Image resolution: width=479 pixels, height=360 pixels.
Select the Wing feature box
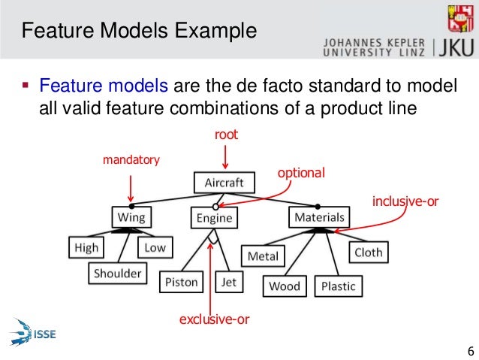click(x=130, y=217)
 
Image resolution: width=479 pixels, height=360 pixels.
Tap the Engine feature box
click(x=215, y=218)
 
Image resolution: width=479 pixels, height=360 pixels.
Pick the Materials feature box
click(x=318, y=217)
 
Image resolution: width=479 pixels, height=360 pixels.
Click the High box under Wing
click(x=86, y=247)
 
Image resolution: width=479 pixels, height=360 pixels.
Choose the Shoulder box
click(x=118, y=274)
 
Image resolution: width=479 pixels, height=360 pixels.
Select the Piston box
click(x=181, y=283)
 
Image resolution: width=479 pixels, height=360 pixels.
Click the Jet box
click(x=227, y=283)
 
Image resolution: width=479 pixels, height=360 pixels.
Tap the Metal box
click(x=263, y=256)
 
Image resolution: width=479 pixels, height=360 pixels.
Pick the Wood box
click(x=285, y=286)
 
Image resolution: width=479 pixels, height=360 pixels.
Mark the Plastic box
click(x=338, y=286)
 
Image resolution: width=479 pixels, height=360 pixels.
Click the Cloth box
click(x=369, y=253)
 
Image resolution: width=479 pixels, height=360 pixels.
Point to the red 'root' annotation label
click(x=226, y=135)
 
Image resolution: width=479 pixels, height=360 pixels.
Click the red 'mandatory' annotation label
click(x=131, y=160)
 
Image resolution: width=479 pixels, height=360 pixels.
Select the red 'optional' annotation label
click(x=301, y=173)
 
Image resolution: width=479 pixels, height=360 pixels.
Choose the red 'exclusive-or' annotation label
click(x=214, y=320)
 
